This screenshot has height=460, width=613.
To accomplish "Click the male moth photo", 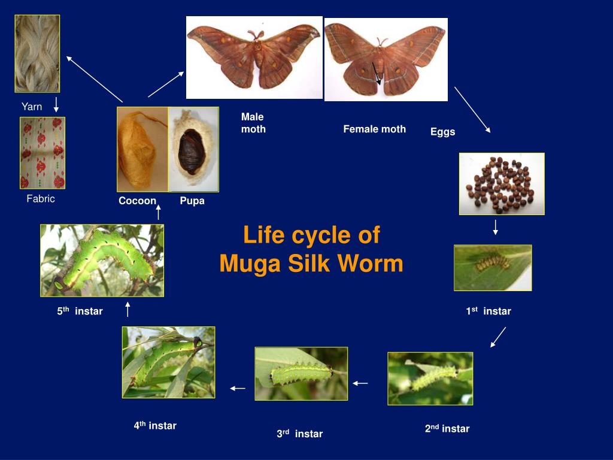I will [254, 57].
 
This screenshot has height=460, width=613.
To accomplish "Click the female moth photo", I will [386, 59].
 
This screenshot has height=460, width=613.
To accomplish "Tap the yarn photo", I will [37, 53].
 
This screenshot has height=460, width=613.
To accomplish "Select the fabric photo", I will [42, 153].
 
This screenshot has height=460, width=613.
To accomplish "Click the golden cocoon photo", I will [142, 149].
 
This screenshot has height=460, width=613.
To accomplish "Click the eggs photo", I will [502, 183].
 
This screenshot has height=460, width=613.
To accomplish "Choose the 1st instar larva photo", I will [493, 267].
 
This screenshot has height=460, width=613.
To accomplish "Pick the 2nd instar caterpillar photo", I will [430, 378].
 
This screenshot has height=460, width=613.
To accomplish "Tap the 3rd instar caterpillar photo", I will [301, 374].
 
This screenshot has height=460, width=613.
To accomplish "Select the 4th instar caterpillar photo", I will [168, 362].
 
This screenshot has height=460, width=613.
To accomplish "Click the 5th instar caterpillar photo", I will [102, 260].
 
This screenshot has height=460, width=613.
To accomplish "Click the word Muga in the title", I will [248, 264].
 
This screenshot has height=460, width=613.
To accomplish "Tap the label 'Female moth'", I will [374, 129].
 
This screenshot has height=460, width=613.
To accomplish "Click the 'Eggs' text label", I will [442, 132].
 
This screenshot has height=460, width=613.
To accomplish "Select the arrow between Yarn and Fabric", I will [56, 104].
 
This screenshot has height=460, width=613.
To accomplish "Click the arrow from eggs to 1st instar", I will [496, 228].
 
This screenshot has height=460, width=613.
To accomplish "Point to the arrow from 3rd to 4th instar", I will [238, 388].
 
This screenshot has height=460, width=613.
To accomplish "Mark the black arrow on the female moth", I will [376, 74].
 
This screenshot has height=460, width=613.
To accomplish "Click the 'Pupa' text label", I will [192, 201].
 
